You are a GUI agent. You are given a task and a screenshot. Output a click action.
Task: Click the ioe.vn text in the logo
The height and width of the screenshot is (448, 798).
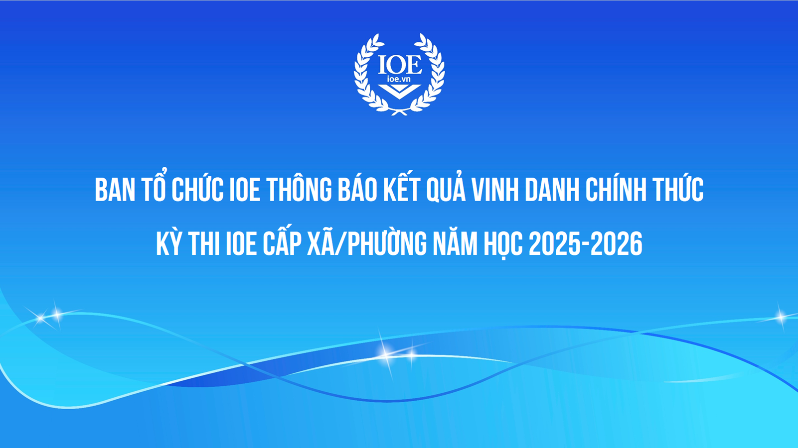click(x=399, y=79)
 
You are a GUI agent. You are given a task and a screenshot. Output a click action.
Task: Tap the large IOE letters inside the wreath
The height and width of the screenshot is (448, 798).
click(x=400, y=64)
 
